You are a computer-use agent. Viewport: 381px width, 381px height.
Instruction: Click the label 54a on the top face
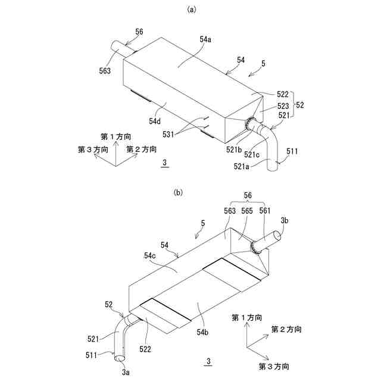tap(205, 39)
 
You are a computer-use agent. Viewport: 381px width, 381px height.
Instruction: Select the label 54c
tap(151, 256)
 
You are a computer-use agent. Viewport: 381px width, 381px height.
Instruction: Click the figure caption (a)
tap(191, 9)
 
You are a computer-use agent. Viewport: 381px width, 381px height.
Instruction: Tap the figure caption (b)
tap(178, 192)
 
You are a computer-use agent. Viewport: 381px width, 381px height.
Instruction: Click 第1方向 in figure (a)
tap(112, 138)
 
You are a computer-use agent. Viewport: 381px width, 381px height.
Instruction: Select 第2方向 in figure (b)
tap(286, 329)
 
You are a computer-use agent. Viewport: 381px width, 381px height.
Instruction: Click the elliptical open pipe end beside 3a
tap(119, 358)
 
